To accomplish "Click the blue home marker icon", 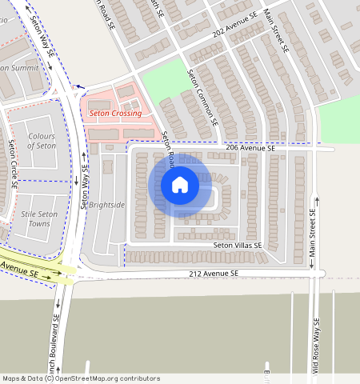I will [x=180, y=185].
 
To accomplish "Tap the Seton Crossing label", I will [x=115, y=114].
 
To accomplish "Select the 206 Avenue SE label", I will [x=250, y=149].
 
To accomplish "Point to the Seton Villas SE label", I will [x=238, y=245].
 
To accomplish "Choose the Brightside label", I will [x=107, y=205].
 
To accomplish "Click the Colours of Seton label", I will [x=42, y=142].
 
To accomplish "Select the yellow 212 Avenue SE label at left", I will [x=19, y=270].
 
